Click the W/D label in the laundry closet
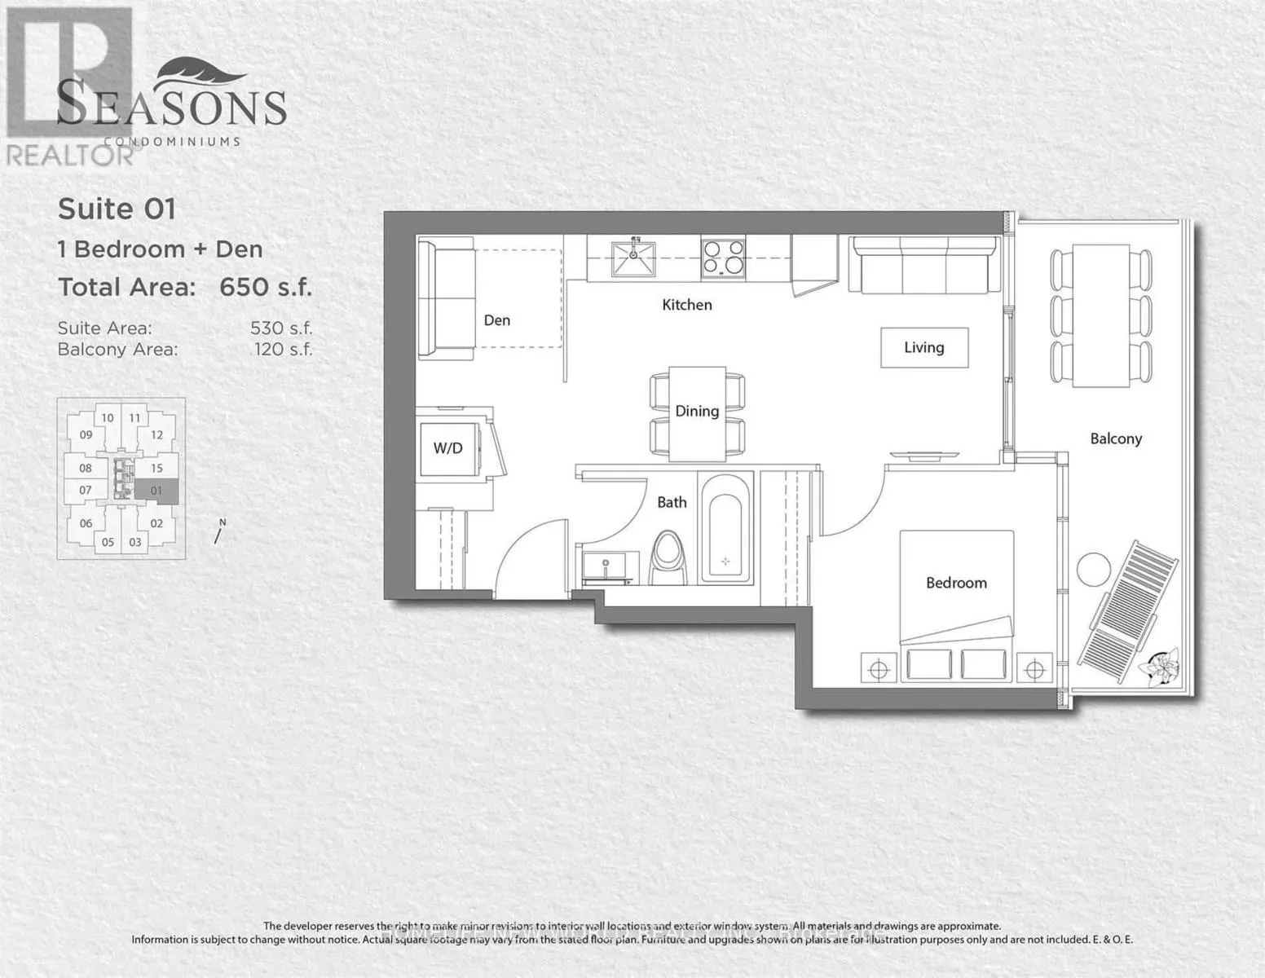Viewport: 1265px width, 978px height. (447, 447)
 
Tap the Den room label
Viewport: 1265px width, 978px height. (496, 320)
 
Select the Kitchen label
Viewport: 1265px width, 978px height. (686, 305)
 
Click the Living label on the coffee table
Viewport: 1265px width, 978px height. (923, 347)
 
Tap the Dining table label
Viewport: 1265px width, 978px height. (697, 411)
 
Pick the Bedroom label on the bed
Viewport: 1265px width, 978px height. (956, 583)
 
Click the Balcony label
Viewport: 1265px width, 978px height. (1116, 438)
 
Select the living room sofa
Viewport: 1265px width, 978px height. (923, 265)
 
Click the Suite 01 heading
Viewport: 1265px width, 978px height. (117, 209)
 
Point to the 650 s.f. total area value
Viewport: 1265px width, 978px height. (266, 287)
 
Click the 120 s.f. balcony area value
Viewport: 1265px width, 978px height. (283, 350)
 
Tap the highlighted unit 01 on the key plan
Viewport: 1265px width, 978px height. (156, 490)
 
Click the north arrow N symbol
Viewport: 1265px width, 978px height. (218, 532)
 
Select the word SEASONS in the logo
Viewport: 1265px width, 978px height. (172, 106)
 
